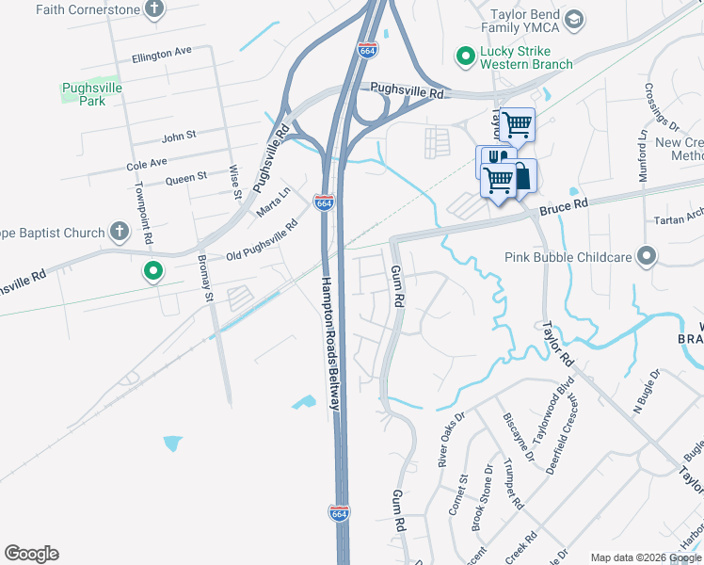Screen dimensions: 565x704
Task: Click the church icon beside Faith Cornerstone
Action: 155,9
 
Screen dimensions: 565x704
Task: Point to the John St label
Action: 178,136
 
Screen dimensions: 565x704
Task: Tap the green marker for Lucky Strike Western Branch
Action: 464,56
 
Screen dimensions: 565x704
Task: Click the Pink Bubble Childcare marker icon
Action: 647,256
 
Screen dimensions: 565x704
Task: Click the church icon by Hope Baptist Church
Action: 119,231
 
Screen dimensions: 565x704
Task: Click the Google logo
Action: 32,554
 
